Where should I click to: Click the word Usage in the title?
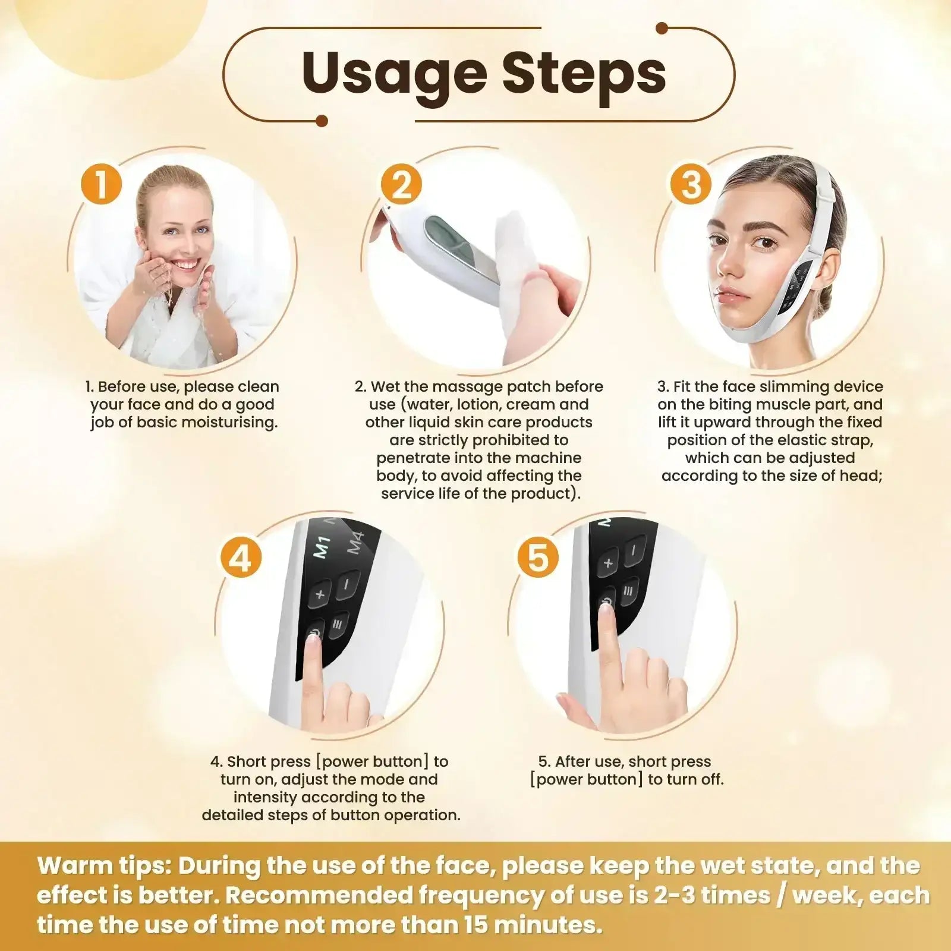pyautogui.click(x=395, y=74)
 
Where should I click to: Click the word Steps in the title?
pyautogui.click(x=584, y=74)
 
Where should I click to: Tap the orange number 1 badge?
pyautogui.click(x=101, y=184)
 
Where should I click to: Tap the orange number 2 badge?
pyautogui.click(x=402, y=184)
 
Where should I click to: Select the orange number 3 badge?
pyautogui.click(x=690, y=184)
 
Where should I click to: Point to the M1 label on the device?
pyautogui.click(x=322, y=546)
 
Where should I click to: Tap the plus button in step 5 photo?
pyautogui.click(x=607, y=562)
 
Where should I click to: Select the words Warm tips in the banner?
pyautogui.click(x=104, y=866)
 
